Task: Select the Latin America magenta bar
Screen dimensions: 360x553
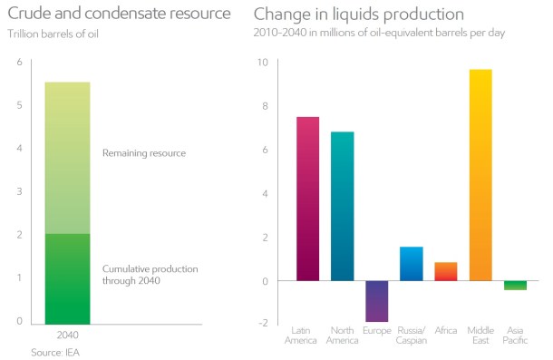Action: [x=307, y=199]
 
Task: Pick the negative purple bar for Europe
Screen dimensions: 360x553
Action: [x=376, y=301]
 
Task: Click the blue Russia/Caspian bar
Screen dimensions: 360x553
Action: [x=411, y=264]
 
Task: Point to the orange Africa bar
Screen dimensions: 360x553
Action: [x=446, y=271]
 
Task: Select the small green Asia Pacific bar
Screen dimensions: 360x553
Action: [x=515, y=286]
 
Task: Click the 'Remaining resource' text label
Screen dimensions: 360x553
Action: [x=143, y=153]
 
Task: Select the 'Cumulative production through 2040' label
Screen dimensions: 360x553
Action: [x=150, y=276]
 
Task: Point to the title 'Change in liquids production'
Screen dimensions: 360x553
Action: [x=359, y=15]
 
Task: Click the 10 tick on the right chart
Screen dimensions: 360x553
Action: [x=263, y=62]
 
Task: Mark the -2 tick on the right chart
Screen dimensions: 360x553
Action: [x=262, y=324]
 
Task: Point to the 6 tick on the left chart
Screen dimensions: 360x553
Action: [x=18, y=62]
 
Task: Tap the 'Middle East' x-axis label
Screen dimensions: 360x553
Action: [x=480, y=335]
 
